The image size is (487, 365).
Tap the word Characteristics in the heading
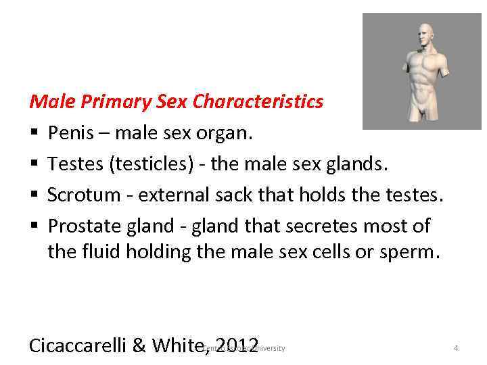pyautogui.click(x=258, y=102)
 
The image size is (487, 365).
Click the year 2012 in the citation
pyautogui.click(x=235, y=345)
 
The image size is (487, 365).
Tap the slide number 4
pyautogui.click(x=456, y=348)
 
